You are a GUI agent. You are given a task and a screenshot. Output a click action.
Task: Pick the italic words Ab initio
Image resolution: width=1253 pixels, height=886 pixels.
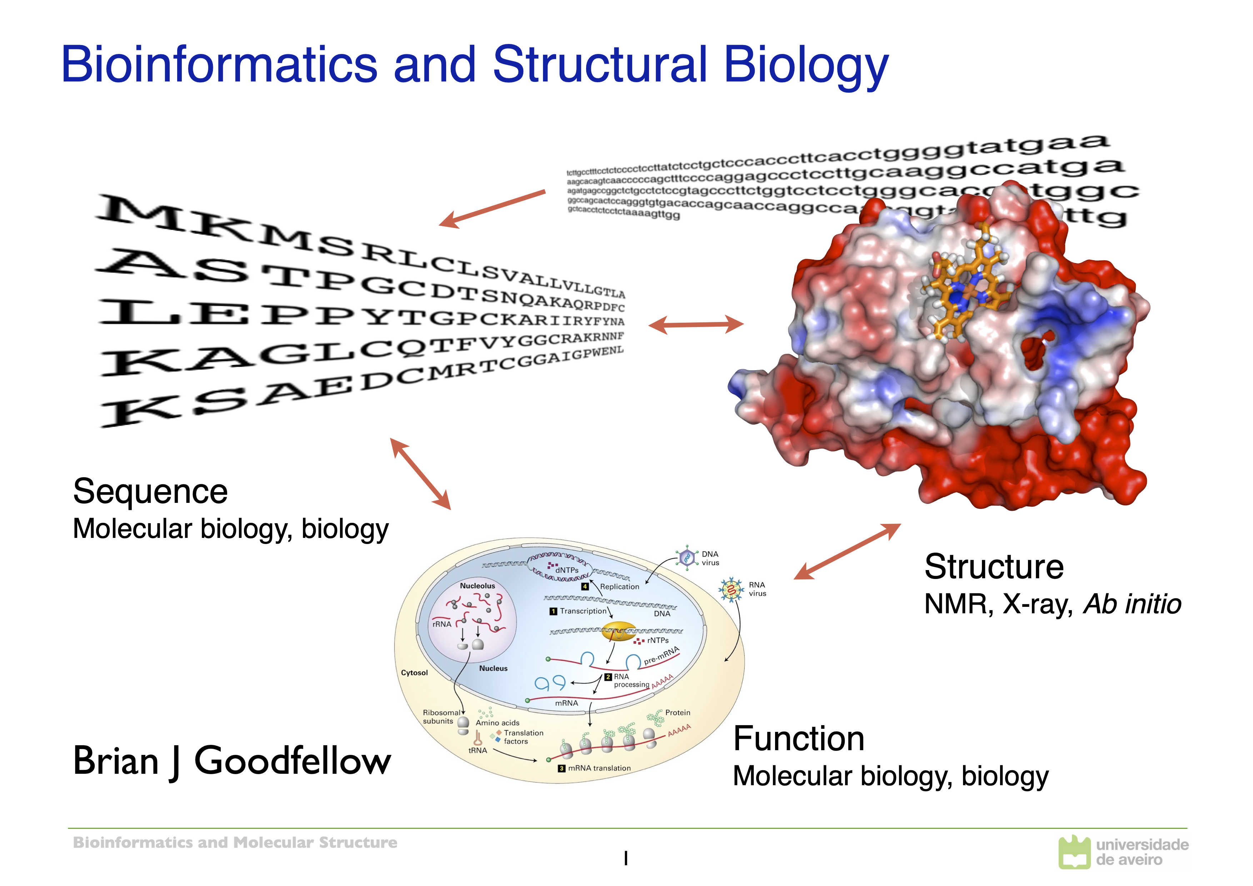[x=1132, y=604]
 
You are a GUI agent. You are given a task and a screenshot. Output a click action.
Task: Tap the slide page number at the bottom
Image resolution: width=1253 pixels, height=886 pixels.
[x=626, y=859]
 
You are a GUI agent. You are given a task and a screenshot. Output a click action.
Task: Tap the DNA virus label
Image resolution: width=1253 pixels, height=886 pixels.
[x=710, y=558]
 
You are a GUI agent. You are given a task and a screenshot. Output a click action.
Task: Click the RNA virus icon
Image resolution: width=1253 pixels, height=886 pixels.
[x=731, y=590]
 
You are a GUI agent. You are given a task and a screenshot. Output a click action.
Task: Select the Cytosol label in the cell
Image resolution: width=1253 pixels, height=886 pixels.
[x=414, y=673]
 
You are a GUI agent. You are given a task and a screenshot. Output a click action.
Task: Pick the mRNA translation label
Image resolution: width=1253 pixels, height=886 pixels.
[x=599, y=768]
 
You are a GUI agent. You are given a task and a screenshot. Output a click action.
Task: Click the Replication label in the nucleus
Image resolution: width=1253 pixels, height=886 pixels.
[x=619, y=587]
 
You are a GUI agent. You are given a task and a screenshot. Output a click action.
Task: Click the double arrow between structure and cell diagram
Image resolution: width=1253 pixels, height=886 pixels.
[x=847, y=551]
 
